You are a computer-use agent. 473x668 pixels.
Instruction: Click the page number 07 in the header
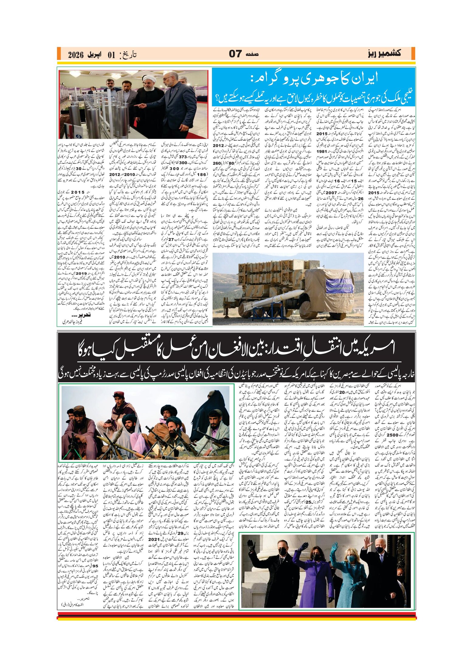235,54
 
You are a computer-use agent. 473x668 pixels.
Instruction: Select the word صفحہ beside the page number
252,54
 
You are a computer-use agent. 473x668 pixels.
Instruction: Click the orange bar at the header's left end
59,54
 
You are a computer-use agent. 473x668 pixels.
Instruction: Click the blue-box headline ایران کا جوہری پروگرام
314,78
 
